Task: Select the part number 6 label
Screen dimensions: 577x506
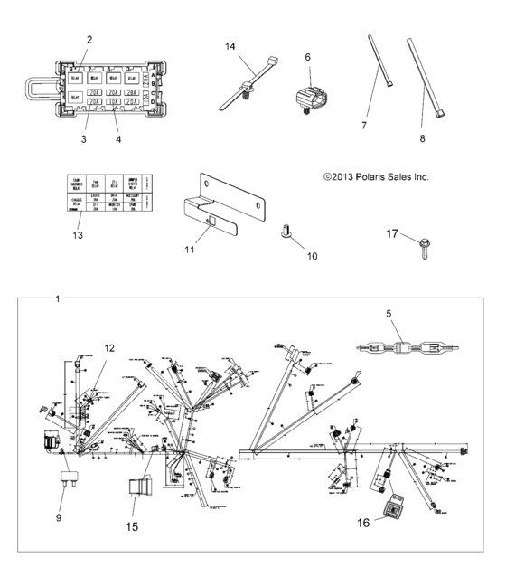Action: pyautogui.click(x=307, y=56)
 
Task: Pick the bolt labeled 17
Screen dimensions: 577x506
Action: pyautogui.click(x=426, y=242)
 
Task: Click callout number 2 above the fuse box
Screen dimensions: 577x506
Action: pyautogui.click(x=89, y=39)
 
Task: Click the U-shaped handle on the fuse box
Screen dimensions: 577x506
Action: pyautogui.click(x=36, y=87)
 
